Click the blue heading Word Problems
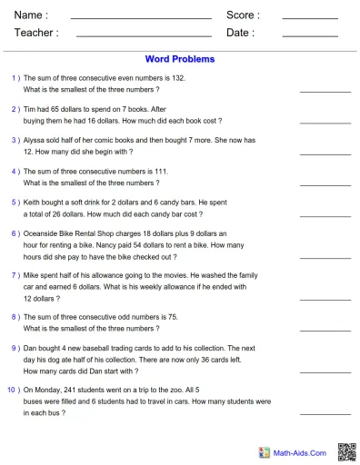pos(180,59)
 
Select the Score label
pos(243,15)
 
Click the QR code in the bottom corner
pos(346,451)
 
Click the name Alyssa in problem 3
pos(35,140)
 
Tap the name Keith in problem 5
pos(34,202)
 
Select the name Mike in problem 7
pos(33,274)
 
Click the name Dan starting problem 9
pos(31,348)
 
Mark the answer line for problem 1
pos(324,92)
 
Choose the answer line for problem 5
pos(324,215)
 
